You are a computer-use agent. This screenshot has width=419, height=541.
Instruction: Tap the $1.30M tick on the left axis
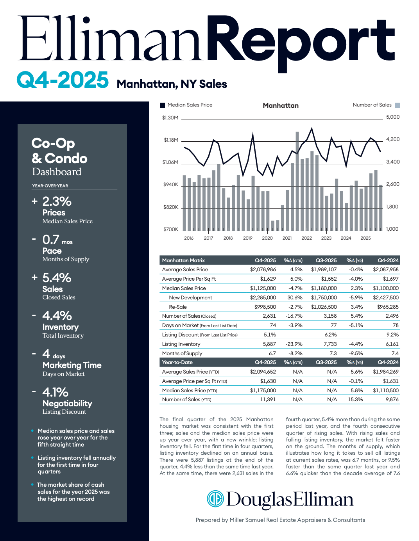[x=170, y=117]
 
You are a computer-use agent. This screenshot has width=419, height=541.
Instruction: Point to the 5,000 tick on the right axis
[x=392, y=117]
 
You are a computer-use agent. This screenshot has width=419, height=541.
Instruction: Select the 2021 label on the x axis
[x=287, y=238]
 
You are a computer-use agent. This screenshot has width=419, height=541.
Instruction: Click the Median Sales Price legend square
[x=163, y=105]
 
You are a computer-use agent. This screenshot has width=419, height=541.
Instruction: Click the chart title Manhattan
[x=281, y=105]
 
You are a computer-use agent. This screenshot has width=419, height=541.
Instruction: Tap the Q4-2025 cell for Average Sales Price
[x=263, y=269]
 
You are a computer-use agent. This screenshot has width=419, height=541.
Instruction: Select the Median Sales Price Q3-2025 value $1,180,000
[x=324, y=288]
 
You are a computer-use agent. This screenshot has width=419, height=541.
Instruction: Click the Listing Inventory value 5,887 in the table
[x=269, y=344]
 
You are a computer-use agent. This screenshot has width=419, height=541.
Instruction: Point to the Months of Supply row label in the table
[x=182, y=353]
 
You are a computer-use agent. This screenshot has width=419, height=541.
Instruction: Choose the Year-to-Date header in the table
[x=177, y=362]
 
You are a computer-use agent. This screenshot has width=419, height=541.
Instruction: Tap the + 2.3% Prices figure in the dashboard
[x=57, y=201]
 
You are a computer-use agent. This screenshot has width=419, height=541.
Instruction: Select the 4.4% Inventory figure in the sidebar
[x=57, y=315]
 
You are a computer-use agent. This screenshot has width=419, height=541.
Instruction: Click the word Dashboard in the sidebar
[x=57, y=172]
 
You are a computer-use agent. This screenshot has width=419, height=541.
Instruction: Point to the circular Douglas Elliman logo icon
[x=215, y=499]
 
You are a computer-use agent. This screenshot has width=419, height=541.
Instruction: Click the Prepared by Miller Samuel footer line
[x=280, y=520]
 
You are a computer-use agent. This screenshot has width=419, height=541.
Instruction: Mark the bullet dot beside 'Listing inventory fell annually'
[x=32, y=457]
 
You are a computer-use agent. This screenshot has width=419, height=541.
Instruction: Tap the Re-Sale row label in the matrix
[x=178, y=307]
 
